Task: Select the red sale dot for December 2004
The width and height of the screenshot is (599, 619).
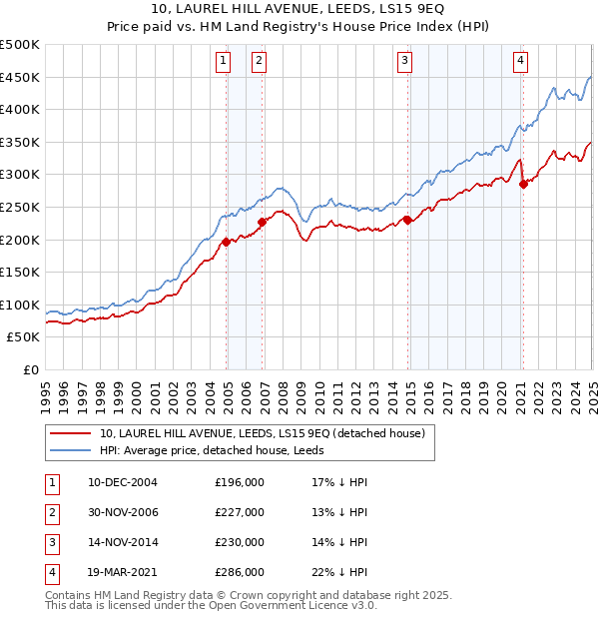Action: click(227, 242)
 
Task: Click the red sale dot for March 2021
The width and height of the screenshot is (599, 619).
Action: click(523, 183)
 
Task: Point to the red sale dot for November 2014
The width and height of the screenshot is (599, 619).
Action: click(408, 220)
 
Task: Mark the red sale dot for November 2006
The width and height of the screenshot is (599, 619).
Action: click(263, 222)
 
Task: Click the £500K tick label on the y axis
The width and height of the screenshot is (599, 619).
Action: click(20, 45)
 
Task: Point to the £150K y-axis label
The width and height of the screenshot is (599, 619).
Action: click(20, 272)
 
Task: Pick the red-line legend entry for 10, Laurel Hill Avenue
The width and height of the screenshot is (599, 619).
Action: click(263, 433)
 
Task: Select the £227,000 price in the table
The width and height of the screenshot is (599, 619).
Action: click(240, 512)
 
